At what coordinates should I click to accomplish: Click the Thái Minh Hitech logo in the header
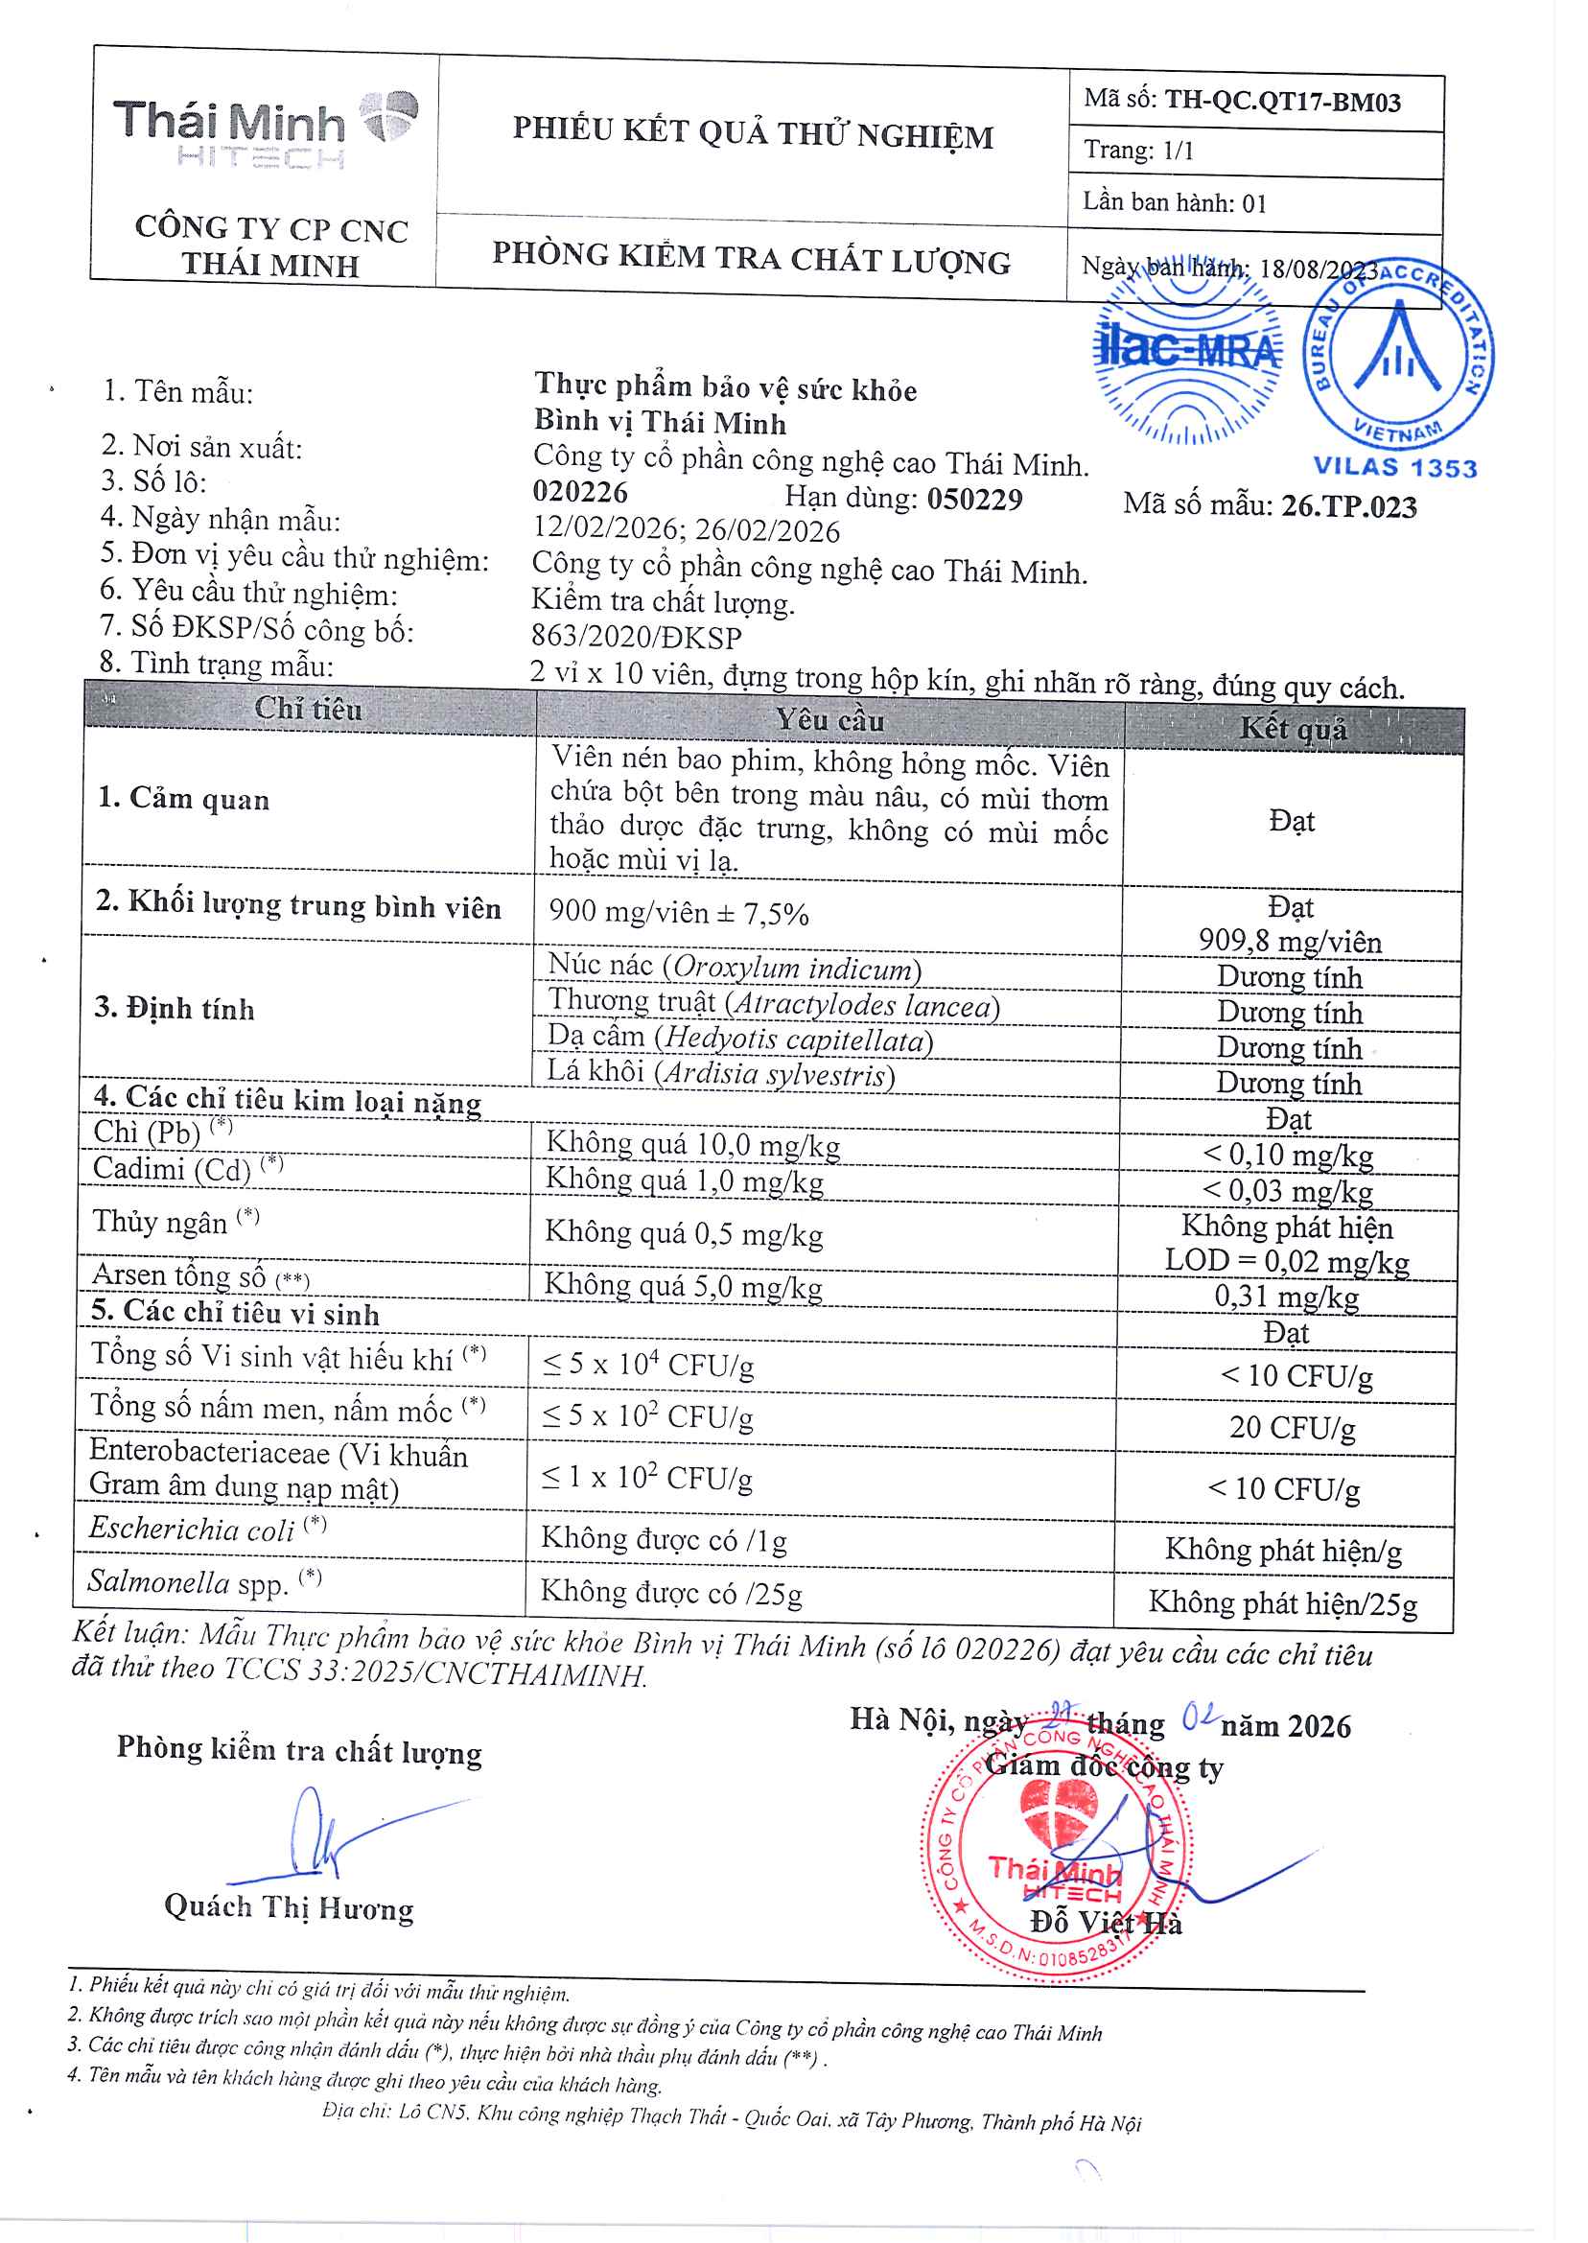click(265, 130)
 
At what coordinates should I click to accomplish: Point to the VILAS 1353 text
click(1394, 467)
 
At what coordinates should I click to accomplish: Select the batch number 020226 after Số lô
click(580, 492)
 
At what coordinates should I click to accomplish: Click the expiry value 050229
click(974, 500)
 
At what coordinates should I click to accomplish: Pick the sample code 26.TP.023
click(1348, 506)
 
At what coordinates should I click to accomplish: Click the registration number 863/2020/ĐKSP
click(637, 638)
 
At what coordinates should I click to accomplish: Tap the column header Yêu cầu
click(829, 720)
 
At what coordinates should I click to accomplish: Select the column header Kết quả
click(1293, 729)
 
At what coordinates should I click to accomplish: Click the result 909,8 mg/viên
click(1290, 942)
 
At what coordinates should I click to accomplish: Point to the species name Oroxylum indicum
click(792, 968)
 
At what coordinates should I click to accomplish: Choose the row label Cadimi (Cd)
click(172, 1169)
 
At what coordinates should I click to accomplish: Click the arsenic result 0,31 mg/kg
click(1286, 1297)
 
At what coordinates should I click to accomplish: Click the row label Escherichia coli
click(192, 1529)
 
